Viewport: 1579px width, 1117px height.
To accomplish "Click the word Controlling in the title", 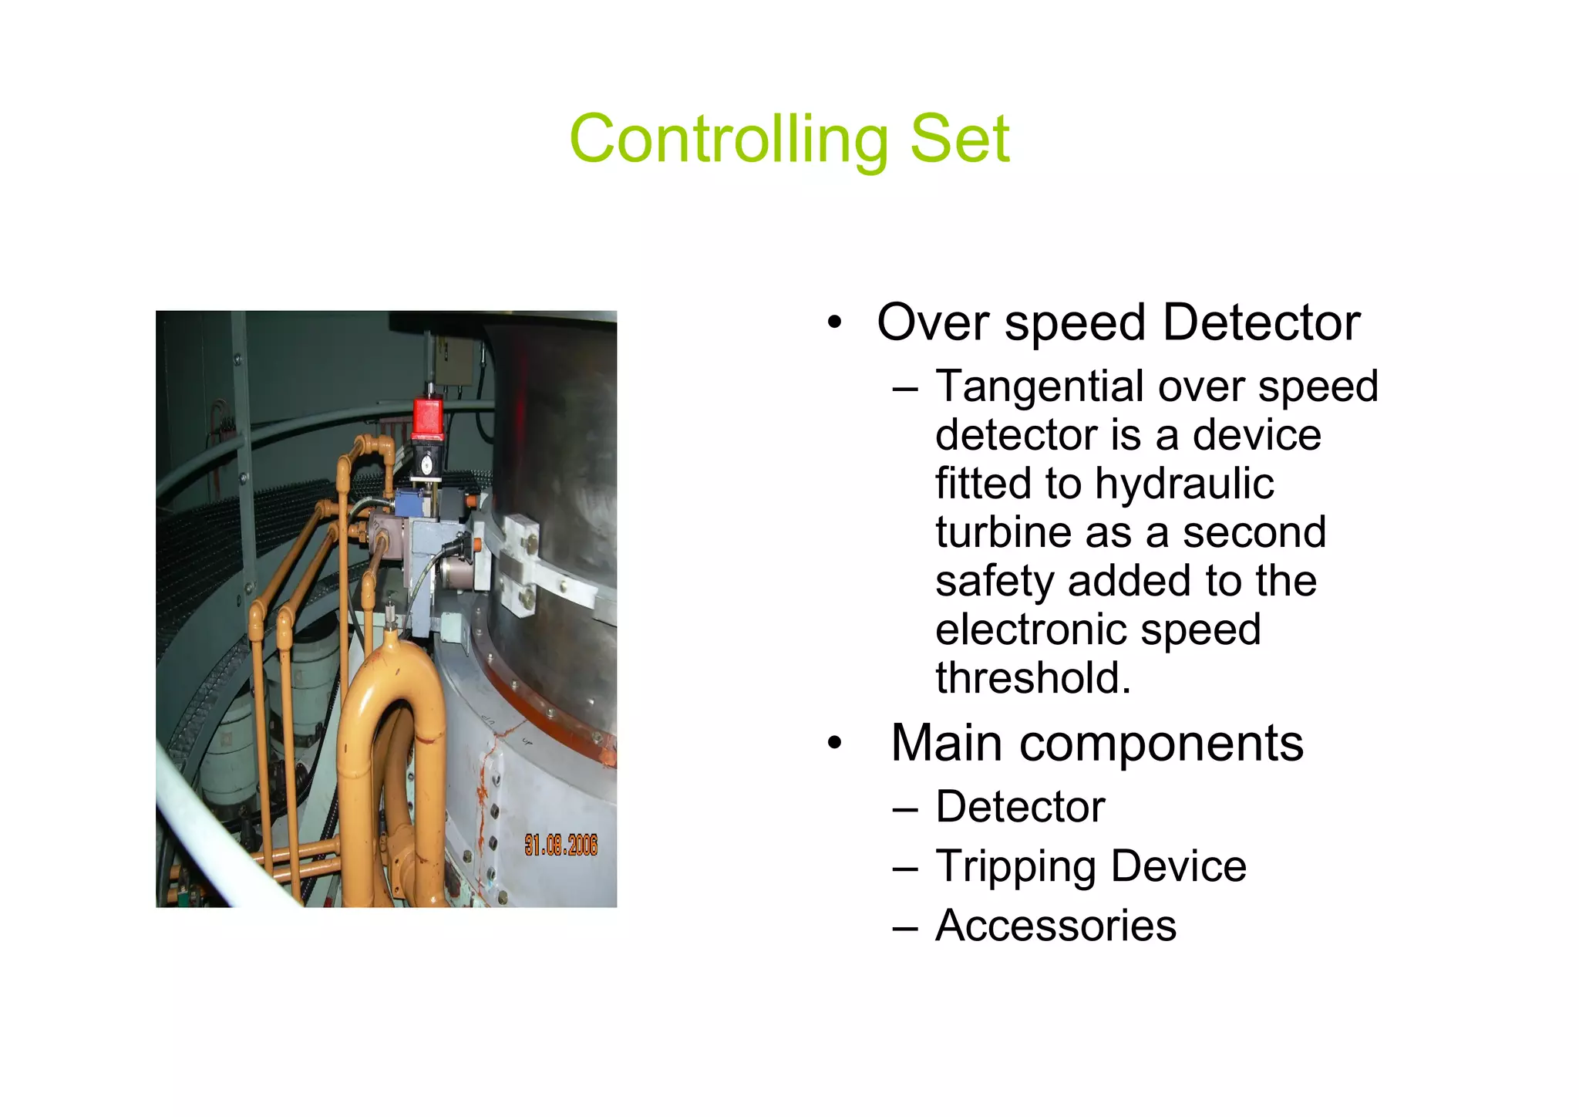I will click(729, 140).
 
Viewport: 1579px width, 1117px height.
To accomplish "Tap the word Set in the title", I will click(959, 140).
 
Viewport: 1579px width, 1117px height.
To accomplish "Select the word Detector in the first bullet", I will click(1261, 322).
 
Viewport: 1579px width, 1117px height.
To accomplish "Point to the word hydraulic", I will click(1184, 484).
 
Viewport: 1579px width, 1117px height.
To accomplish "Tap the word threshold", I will click(1033, 678).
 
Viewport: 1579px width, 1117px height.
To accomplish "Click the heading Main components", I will click(1096, 744).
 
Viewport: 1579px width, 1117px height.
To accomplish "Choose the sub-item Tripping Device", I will click(1090, 866).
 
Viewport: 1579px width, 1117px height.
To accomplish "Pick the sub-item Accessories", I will click(1055, 926).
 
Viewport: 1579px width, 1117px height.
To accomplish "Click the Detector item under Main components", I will click(1020, 808).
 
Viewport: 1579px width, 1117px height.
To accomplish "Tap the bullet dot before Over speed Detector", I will click(834, 324).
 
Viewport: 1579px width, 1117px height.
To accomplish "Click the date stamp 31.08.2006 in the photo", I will click(561, 845).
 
